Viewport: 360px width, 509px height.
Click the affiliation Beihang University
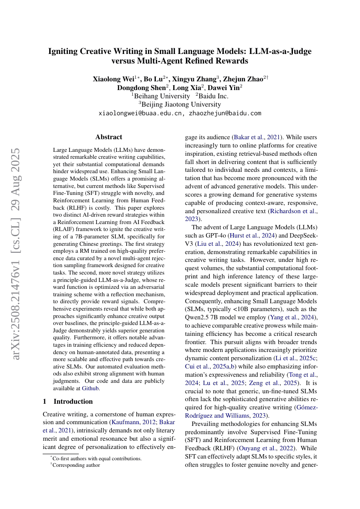[161, 96]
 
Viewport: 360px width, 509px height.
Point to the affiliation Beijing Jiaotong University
[181, 104]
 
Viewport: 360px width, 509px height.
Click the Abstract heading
[109, 137]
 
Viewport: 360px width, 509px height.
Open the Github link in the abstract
[91, 388]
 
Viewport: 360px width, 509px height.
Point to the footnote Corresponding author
[76, 465]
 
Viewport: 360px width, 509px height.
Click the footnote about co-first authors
[97, 459]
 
